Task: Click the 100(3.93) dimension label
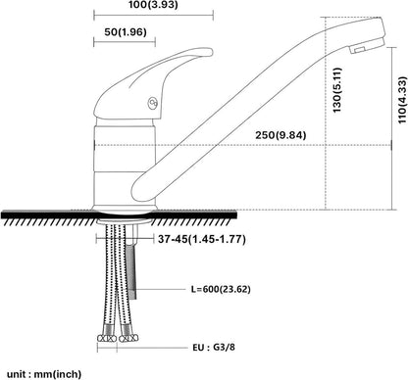pyautogui.click(x=153, y=5)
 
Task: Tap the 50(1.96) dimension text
pyautogui.click(x=126, y=32)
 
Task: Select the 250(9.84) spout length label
pyautogui.click(x=280, y=135)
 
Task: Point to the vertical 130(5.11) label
pyautogui.click(x=336, y=90)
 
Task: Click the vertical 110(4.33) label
pyautogui.click(x=402, y=100)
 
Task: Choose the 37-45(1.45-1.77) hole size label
pyautogui.click(x=202, y=239)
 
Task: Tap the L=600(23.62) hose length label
pyautogui.click(x=221, y=289)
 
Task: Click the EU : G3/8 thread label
pyautogui.click(x=214, y=347)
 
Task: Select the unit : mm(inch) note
pyautogui.click(x=44, y=374)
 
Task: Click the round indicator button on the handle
pyautogui.click(x=153, y=104)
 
